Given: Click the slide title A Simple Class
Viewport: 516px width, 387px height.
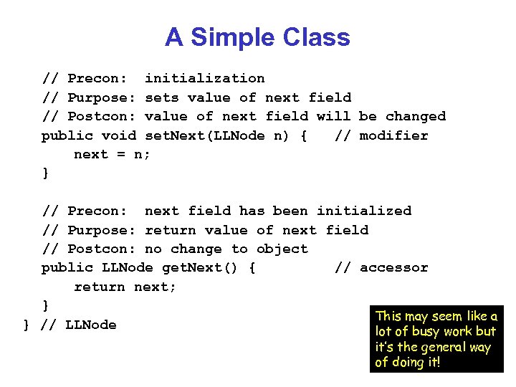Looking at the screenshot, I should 257,37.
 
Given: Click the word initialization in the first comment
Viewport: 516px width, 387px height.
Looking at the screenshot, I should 204,78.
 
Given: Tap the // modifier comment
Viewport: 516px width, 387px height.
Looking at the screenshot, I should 381,135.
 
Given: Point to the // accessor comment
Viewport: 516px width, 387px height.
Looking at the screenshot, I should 381,267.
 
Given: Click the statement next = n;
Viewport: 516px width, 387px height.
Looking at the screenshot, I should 113,154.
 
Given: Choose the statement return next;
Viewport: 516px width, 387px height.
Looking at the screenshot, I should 125,287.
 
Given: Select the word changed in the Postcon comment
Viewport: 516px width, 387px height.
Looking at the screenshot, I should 415,116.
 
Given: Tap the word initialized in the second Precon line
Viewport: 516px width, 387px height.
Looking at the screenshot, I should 364,211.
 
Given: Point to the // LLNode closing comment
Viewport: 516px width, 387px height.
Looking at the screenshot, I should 78,325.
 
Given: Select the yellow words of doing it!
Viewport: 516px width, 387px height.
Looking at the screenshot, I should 408,362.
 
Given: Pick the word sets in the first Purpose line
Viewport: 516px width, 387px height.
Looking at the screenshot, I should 161,97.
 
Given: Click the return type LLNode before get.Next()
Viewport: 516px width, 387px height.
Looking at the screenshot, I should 127,267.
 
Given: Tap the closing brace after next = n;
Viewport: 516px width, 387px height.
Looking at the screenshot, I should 46,173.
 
